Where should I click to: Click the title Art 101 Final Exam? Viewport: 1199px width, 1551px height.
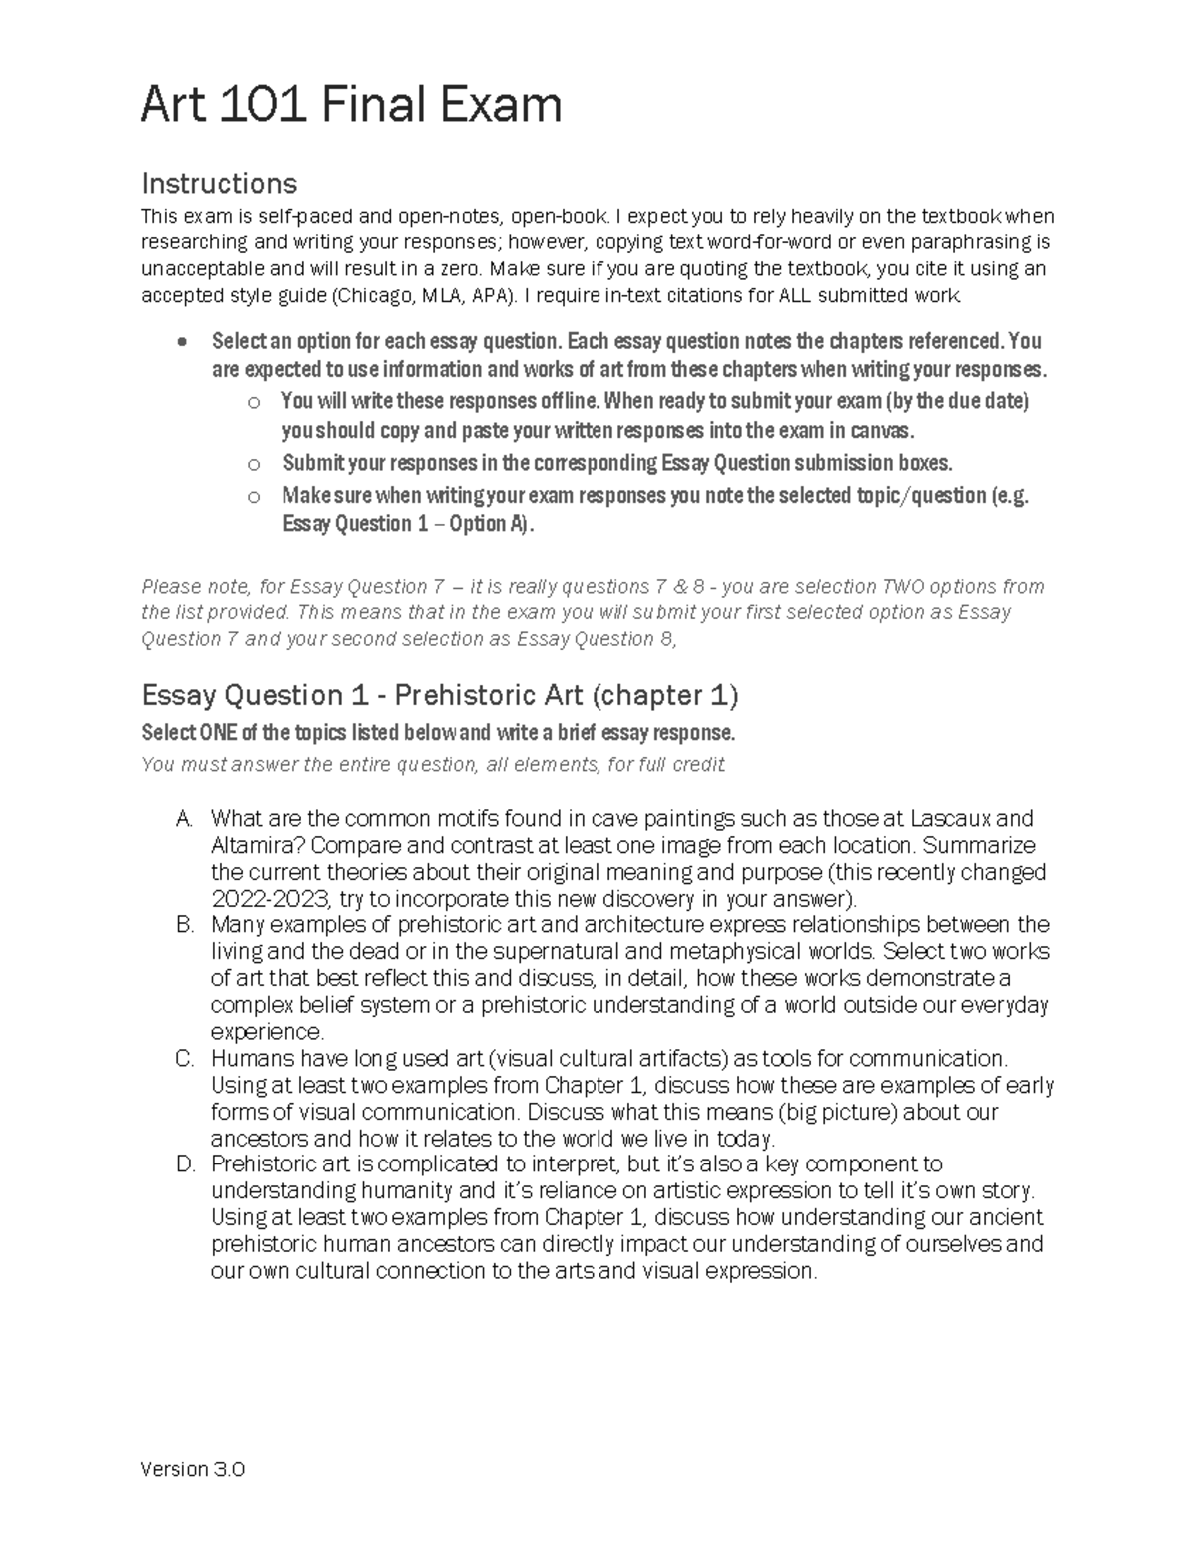pyautogui.click(x=351, y=105)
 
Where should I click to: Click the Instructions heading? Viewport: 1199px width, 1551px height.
pyautogui.click(x=219, y=183)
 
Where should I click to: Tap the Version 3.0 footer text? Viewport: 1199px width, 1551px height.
pyautogui.click(x=193, y=1469)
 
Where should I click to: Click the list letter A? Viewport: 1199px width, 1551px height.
pyautogui.click(x=183, y=819)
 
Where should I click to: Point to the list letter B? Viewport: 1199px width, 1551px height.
pyautogui.click(x=183, y=925)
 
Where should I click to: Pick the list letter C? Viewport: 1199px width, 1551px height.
pyautogui.click(x=183, y=1059)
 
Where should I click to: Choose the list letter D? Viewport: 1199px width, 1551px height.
pyautogui.click(x=183, y=1164)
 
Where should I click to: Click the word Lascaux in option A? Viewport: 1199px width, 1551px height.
pyautogui.click(x=951, y=819)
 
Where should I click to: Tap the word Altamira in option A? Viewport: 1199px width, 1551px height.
pyautogui.click(x=249, y=846)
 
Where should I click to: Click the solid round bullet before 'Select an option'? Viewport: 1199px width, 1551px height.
pyautogui.click(x=180, y=342)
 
